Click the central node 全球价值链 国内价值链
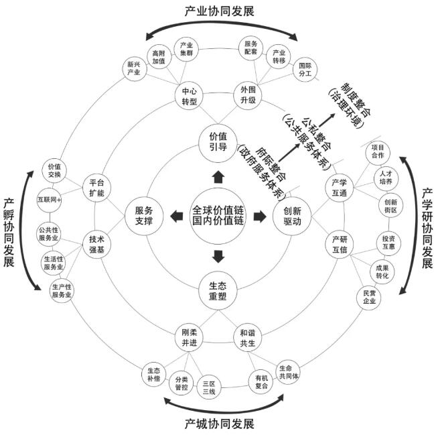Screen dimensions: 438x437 point(218,216)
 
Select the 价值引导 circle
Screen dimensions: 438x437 point(218,143)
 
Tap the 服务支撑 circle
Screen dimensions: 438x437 point(144,216)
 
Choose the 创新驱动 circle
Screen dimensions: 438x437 point(292,216)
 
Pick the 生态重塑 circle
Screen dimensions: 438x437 point(218,291)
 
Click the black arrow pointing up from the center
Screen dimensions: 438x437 point(218,177)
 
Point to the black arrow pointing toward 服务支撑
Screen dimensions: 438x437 point(177,216)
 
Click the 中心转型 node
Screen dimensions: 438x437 point(189,96)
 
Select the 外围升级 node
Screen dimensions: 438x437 point(248,95)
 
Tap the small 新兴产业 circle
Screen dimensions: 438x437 point(135,68)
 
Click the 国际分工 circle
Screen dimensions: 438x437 point(305,70)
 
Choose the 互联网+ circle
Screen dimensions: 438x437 point(49,200)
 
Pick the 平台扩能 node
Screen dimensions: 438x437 point(96,188)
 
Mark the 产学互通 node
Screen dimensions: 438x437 point(340,188)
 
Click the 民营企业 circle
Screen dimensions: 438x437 point(369,298)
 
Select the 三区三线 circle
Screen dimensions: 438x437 point(209,387)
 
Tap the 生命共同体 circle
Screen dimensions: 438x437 point(288,372)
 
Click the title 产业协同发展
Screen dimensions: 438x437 point(219,12)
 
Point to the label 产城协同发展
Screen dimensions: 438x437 point(219,424)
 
